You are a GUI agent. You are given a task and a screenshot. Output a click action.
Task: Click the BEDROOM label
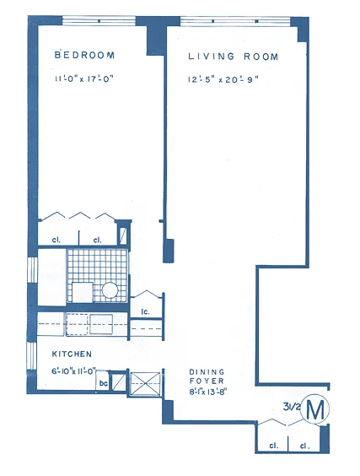[x=83, y=55]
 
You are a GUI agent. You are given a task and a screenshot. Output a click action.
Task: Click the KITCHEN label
[x=72, y=354]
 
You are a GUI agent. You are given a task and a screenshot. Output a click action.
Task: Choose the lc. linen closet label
[x=145, y=313]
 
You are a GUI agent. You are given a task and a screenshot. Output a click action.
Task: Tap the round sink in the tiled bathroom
[x=110, y=290]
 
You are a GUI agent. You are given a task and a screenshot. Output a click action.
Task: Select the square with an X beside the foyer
[x=142, y=384]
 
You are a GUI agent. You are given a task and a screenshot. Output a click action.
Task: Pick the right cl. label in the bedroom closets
[x=97, y=241]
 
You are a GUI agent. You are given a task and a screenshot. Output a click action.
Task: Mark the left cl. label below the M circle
[x=274, y=445]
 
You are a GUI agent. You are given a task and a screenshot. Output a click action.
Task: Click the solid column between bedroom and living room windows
[x=156, y=36]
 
